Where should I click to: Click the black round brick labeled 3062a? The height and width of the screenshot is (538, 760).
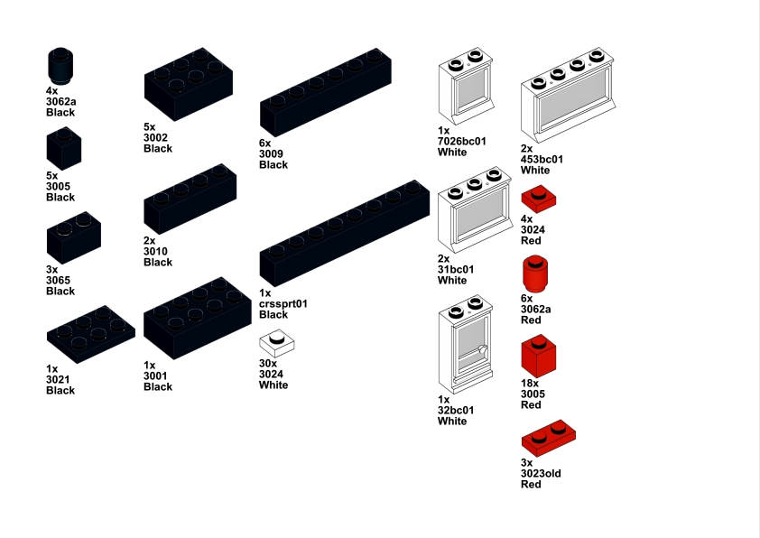(x=60, y=66)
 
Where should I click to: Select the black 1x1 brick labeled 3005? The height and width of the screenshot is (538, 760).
(x=64, y=148)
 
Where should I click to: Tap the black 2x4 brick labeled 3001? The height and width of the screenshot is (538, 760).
(x=198, y=318)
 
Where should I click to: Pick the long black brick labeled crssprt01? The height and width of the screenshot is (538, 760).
(x=345, y=233)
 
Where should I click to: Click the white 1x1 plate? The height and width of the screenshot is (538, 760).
(x=277, y=343)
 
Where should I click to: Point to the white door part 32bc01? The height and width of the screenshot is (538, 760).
(x=466, y=344)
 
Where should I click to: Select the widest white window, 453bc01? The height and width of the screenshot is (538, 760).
(x=568, y=95)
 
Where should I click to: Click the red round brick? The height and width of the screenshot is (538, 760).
(x=535, y=274)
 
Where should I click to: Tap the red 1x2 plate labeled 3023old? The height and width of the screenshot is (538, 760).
(x=549, y=438)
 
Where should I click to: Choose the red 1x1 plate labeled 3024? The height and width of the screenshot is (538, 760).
(x=539, y=199)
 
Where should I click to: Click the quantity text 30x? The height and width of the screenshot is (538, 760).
(x=268, y=364)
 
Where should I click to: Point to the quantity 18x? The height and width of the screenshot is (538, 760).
(x=530, y=384)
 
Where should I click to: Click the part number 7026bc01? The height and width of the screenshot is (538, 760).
(x=461, y=142)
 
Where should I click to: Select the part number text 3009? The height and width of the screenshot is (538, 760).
(x=271, y=154)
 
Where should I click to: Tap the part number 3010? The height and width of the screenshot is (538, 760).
(x=155, y=252)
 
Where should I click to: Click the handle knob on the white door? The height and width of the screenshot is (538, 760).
(x=482, y=349)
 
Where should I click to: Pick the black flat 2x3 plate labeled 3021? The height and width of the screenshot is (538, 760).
(x=90, y=334)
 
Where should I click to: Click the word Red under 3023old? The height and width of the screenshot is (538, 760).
(x=531, y=484)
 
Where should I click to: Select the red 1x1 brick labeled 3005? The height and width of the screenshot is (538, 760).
(x=539, y=356)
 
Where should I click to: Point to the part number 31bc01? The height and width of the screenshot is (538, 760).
(x=456, y=270)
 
